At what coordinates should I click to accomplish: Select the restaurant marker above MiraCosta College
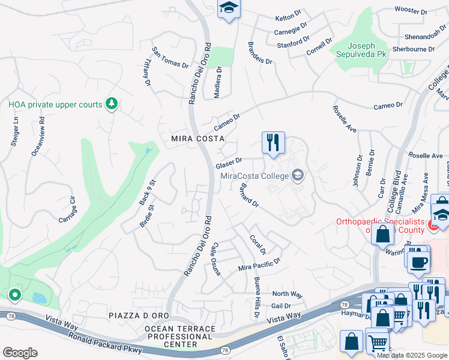tap(273, 143)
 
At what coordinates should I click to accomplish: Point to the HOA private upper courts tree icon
tap(111, 104)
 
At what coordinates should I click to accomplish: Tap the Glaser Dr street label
tap(229, 163)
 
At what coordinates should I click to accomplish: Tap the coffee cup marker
tap(418, 261)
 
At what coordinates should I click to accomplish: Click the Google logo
tap(20, 353)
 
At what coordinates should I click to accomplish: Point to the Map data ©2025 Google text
tap(412, 355)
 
